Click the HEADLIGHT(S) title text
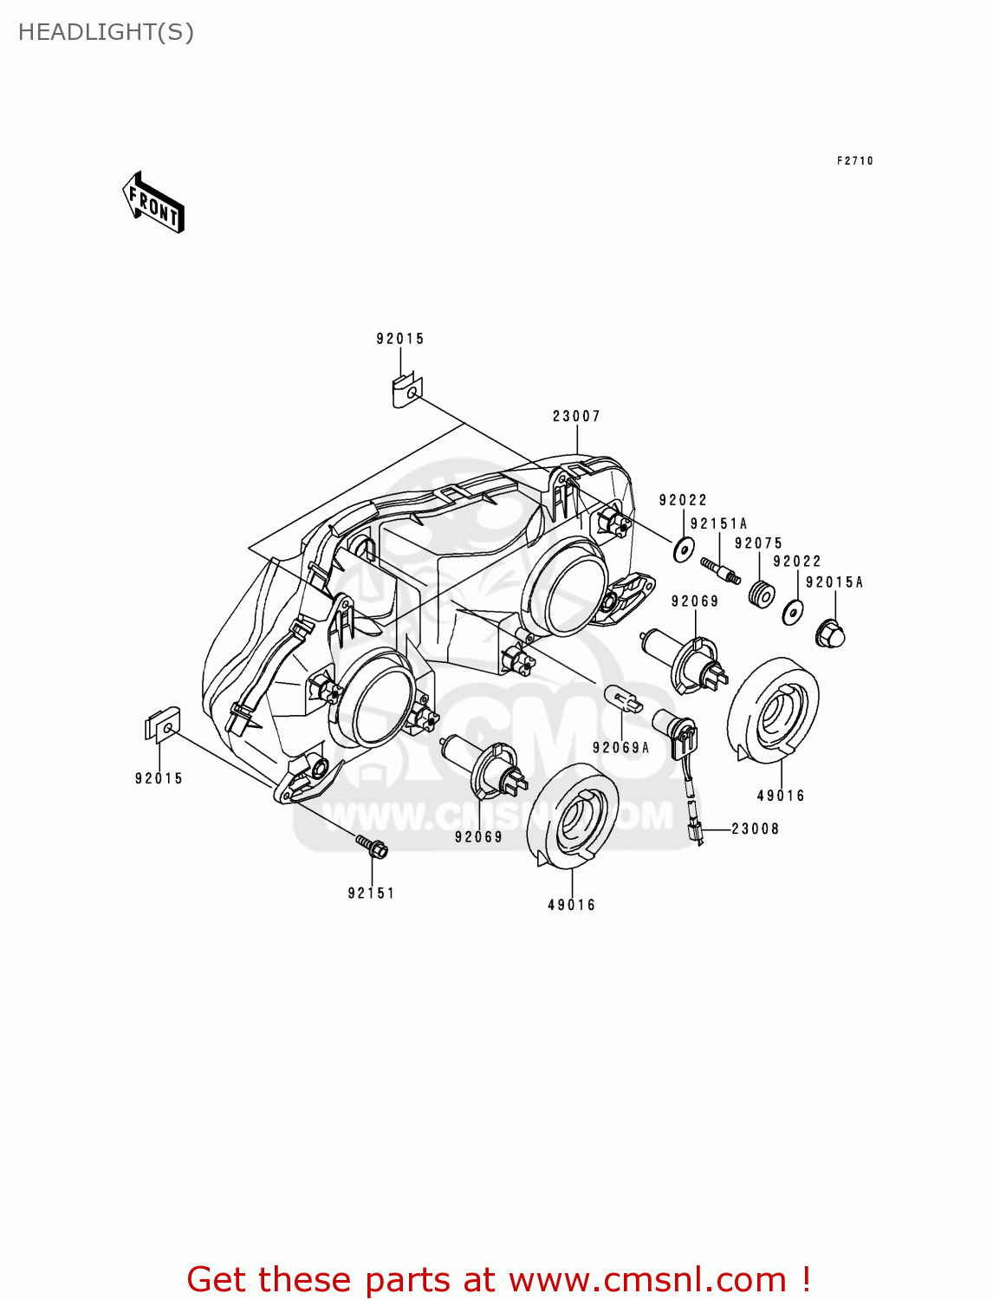106,32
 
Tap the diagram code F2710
854,161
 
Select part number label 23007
576,417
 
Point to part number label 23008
755,829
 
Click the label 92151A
718,524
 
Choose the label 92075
758,543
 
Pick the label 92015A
834,582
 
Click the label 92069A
620,748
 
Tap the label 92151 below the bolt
371,894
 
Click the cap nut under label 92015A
830,635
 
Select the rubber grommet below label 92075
761,595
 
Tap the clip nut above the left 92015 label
162,725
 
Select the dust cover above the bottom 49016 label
573,816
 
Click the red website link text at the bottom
498,1279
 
